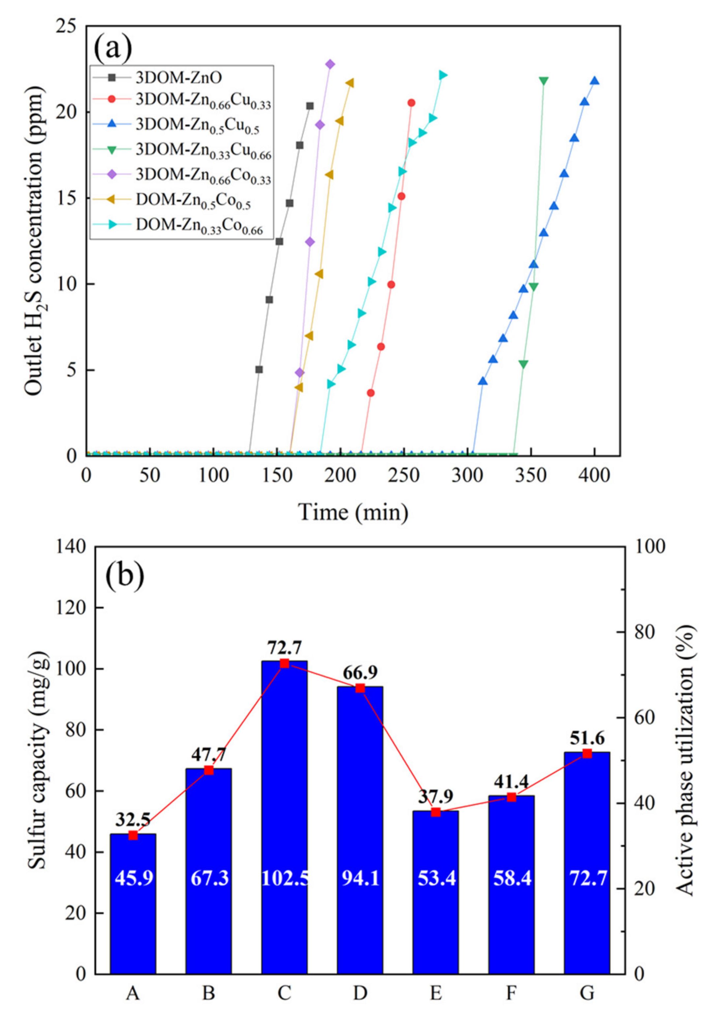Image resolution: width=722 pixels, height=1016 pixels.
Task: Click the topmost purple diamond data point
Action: [330, 64]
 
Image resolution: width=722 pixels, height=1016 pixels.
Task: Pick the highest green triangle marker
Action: [543, 80]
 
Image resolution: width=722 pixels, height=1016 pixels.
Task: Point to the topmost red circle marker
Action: [411, 103]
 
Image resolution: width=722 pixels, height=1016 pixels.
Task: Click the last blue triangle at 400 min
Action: [595, 80]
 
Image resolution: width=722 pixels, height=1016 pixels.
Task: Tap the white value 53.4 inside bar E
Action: [436, 878]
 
